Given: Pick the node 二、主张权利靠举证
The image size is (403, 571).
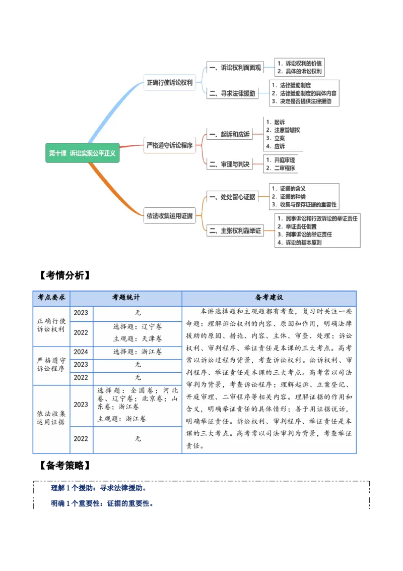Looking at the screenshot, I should [235, 231].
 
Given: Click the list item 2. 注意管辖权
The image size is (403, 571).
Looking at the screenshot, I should [283, 130].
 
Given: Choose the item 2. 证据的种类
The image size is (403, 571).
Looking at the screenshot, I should [288, 197].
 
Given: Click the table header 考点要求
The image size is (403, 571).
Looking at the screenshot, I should [51, 298].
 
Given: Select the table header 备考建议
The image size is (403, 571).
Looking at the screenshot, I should [269, 298].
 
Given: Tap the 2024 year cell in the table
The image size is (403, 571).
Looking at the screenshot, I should [81, 352].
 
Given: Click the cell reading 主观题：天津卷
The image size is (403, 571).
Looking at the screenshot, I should [138, 338].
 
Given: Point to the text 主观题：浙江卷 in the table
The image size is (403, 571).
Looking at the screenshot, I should [122, 419].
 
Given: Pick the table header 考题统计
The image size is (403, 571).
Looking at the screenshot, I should [126, 298].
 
